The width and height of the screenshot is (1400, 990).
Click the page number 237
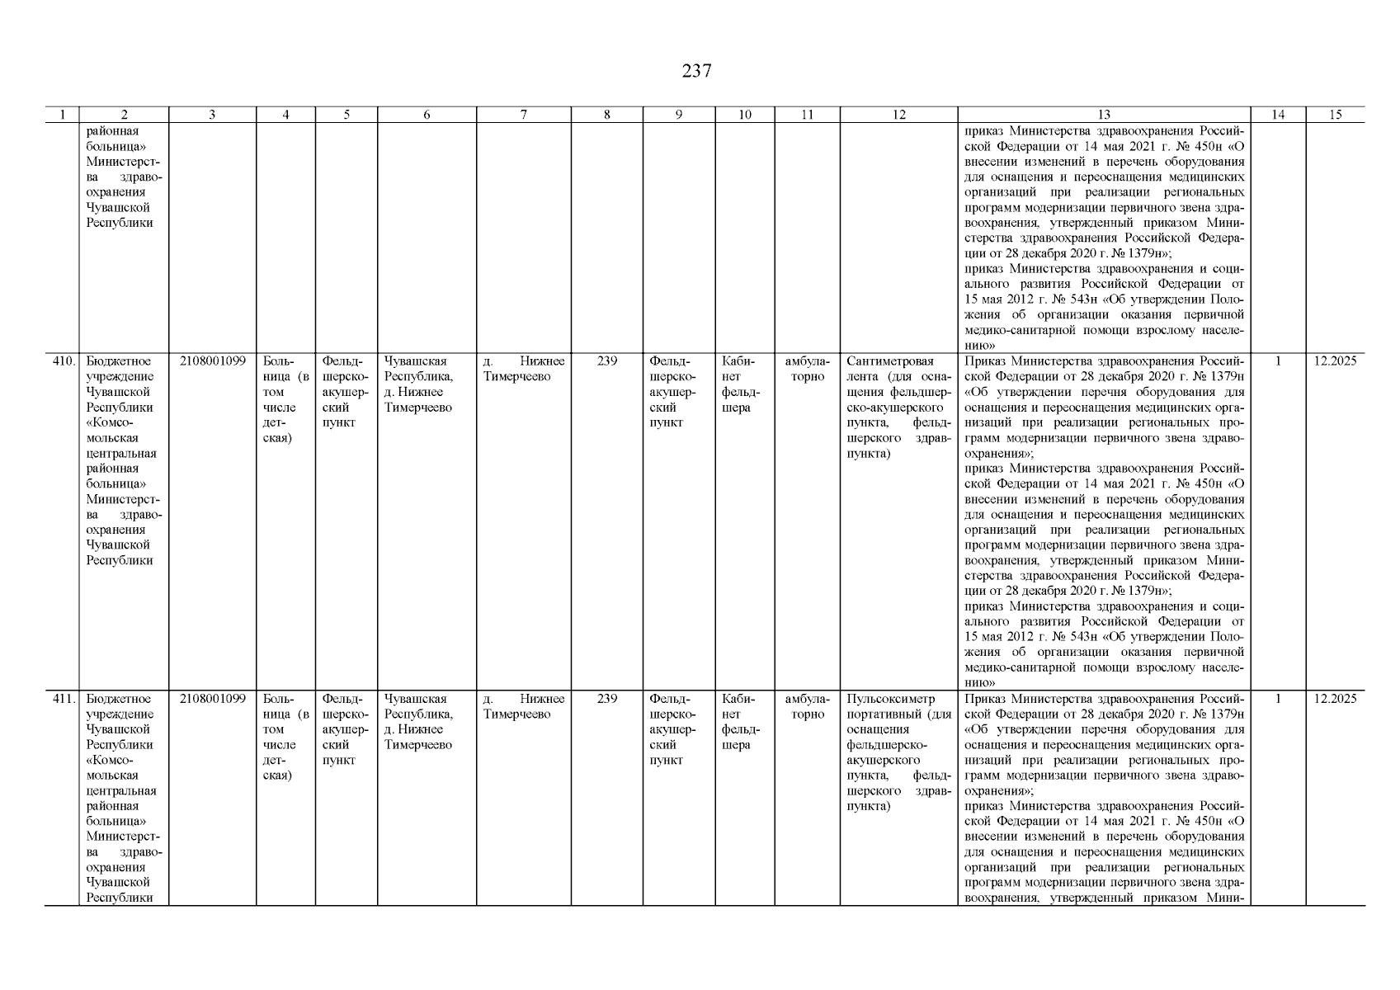click(x=696, y=71)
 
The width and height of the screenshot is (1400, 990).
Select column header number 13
click(x=1104, y=115)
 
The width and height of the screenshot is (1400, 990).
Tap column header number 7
click(x=524, y=115)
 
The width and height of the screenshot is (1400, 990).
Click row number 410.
click(x=64, y=361)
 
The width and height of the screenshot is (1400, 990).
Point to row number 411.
click(x=64, y=699)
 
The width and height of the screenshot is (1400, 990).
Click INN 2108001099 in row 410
click(x=212, y=361)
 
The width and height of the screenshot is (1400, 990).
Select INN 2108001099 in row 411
click(x=212, y=699)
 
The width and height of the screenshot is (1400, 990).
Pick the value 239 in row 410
click(x=607, y=361)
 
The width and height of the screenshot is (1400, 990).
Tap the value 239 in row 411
click(x=607, y=699)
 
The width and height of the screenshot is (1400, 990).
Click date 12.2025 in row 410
click(x=1335, y=361)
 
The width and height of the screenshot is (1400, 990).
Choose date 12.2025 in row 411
click(x=1335, y=699)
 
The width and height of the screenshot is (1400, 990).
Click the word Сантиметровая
click(x=890, y=361)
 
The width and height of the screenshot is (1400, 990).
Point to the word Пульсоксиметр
click(x=891, y=699)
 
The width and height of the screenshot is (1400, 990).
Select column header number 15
click(x=1335, y=115)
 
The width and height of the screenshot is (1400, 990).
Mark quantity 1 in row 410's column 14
click(x=1278, y=361)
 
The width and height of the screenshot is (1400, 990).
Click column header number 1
click(x=61, y=115)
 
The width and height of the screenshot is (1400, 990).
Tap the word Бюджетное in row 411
click(x=118, y=699)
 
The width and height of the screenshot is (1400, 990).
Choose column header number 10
click(x=744, y=115)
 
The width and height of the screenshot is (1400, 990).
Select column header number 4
click(x=285, y=115)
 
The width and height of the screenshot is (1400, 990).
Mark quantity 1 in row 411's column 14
click(x=1278, y=699)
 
